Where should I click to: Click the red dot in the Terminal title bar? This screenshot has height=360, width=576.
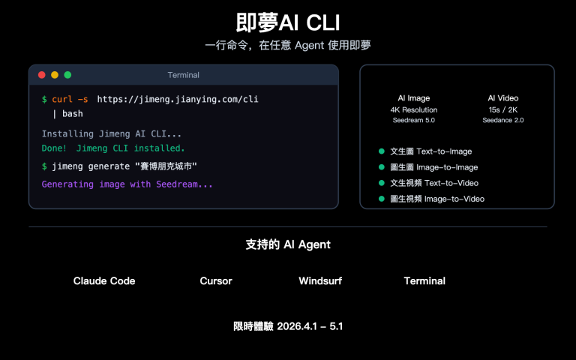click(x=42, y=75)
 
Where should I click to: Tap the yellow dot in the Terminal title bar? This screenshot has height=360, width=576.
click(x=55, y=75)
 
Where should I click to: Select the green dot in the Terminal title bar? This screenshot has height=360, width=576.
click(x=67, y=75)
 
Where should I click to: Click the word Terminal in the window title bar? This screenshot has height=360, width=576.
click(x=183, y=75)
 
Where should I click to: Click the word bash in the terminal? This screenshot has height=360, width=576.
click(x=72, y=114)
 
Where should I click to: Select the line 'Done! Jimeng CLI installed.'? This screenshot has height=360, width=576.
click(x=113, y=148)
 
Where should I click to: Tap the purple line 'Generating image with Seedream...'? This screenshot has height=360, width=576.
click(x=127, y=184)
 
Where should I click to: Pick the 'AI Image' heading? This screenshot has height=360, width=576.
click(x=414, y=98)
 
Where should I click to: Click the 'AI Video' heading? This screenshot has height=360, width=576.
click(x=502, y=98)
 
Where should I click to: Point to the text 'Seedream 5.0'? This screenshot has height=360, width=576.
click(x=414, y=120)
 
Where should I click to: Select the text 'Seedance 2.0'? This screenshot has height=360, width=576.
click(x=502, y=120)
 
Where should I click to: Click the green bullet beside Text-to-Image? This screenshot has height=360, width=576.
click(x=381, y=151)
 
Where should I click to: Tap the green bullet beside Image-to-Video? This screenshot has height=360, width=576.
click(x=381, y=199)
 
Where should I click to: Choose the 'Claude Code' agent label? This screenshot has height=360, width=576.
click(x=104, y=281)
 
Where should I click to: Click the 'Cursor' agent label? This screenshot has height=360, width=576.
click(x=216, y=281)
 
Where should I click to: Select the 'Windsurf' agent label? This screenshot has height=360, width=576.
click(x=320, y=281)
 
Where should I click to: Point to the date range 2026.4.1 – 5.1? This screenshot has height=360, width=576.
click(x=310, y=327)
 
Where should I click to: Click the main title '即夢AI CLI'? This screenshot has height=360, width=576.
click(x=288, y=22)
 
